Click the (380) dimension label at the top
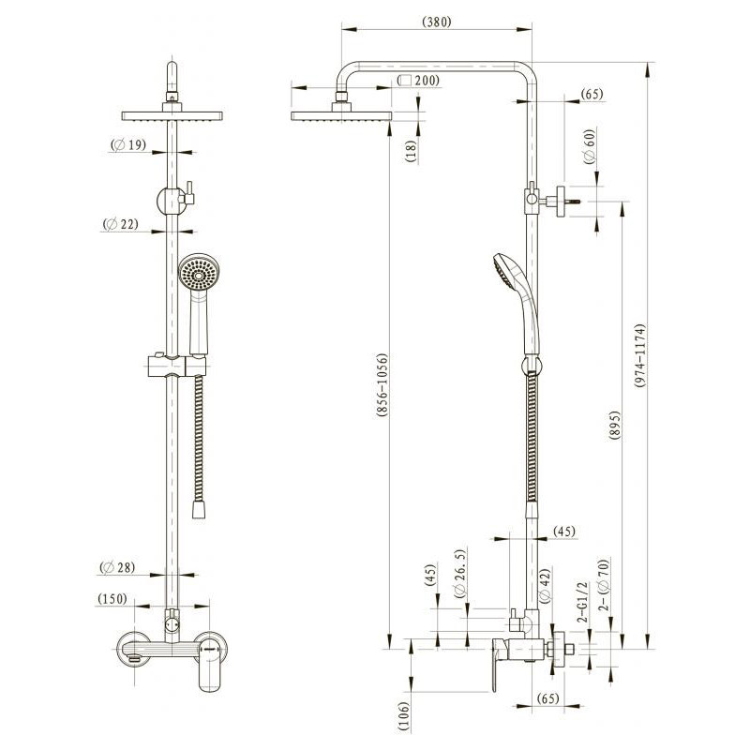pos(437,22)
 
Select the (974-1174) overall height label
pos(640,355)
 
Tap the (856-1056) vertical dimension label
pos(382,385)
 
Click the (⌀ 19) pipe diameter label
pos(128,144)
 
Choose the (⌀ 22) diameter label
pos(121,223)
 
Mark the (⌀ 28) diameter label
pos(117,567)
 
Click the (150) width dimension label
pos(112,599)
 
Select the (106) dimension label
pos(404,716)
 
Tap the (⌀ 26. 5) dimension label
pos(459,574)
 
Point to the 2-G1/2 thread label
pos(582,602)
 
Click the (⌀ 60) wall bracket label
pos(591,146)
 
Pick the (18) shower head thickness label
pos(412,151)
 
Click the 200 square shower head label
pos(418,81)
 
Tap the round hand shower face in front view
pos(199,273)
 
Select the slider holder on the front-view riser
pos(176,366)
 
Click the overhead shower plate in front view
pos(172,115)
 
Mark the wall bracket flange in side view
pos(561,202)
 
